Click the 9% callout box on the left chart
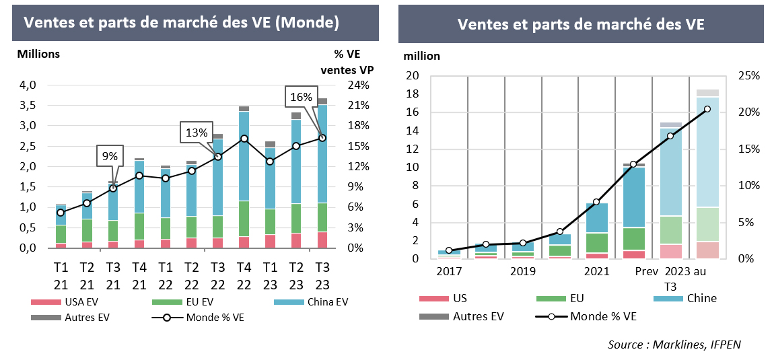[110, 156]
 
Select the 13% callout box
[195, 133]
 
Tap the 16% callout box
[301, 97]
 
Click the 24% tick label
[357, 85]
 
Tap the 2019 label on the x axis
[522, 271]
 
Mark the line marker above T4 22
[244, 139]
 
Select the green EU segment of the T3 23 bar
[322, 217]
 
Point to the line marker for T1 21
[61, 213]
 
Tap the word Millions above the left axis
[38, 54]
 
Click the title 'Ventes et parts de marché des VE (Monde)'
[180, 22]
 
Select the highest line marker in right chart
[707, 109]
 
